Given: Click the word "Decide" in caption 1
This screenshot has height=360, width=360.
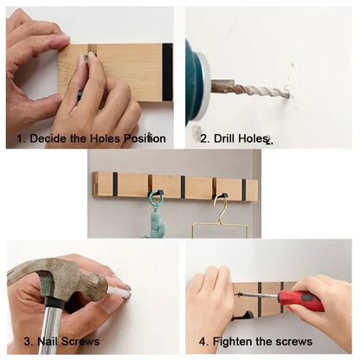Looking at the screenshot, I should (48, 138).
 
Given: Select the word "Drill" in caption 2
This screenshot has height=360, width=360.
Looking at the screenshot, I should (228, 138).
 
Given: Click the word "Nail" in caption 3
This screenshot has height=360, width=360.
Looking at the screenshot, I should (41, 341).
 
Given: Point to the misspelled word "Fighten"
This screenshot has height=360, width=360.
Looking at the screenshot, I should (233, 341).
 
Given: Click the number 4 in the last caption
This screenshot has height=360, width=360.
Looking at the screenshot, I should (203, 341).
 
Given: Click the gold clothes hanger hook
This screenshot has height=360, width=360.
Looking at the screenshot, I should (222, 208).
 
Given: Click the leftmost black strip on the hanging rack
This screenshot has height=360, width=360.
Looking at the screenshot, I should (114, 183).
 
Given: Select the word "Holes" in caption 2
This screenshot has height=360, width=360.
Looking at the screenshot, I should (254, 138).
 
